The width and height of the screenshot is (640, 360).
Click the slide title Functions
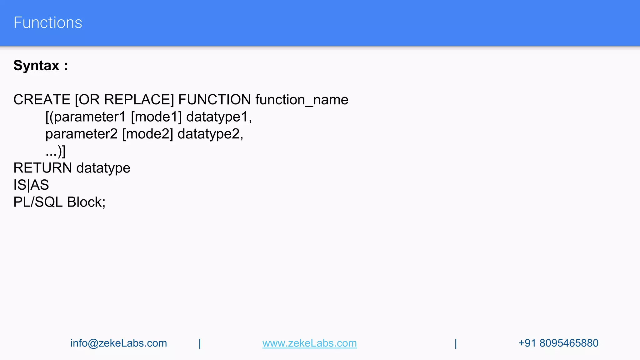click(x=48, y=23)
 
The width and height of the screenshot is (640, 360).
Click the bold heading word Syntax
click(x=36, y=66)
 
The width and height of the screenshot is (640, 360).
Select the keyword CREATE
click(x=42, y=100)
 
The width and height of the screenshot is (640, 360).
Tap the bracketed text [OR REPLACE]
click(x=124, y=100)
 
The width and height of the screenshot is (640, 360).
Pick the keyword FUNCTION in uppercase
click(x=214, y=100)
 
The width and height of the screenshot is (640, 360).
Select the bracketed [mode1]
click(x=156, y=117)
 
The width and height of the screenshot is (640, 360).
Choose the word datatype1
click(x=218, y=117)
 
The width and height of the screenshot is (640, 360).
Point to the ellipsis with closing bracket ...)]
click(x=55, y=152)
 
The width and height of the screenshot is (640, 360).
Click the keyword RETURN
click(x=43, y=168)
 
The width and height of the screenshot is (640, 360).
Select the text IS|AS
click(x=31, y=185)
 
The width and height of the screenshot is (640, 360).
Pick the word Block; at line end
click(x=86, y=202)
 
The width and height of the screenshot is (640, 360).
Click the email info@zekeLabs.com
click(x=118, y=343)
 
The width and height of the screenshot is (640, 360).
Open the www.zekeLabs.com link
click(x=309, y=343)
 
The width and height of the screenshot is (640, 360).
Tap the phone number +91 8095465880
click(x=558, y=343)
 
